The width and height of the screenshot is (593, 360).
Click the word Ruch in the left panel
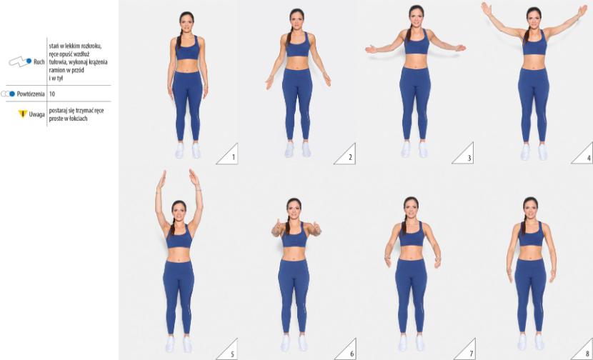point(39,62)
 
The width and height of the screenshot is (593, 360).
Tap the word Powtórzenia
point(31,94)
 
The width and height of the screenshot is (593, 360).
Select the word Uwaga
point(36,114)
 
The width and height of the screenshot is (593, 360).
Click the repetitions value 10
point(52,94)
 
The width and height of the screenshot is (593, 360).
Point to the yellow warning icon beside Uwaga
point(23,114)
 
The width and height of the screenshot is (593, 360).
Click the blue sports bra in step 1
point(188,49)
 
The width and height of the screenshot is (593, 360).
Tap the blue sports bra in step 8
point(531,235)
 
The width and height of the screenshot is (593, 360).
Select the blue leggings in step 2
point(297,103)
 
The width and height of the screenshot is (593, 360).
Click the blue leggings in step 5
point(179,296)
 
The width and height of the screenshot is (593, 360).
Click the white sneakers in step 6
point(295,344)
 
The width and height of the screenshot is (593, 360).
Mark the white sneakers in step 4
point(534,151)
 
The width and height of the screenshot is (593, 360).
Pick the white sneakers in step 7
point(411,343)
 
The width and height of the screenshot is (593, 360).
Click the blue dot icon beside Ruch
point(29,61)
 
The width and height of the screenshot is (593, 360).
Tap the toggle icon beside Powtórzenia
point(8,94)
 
